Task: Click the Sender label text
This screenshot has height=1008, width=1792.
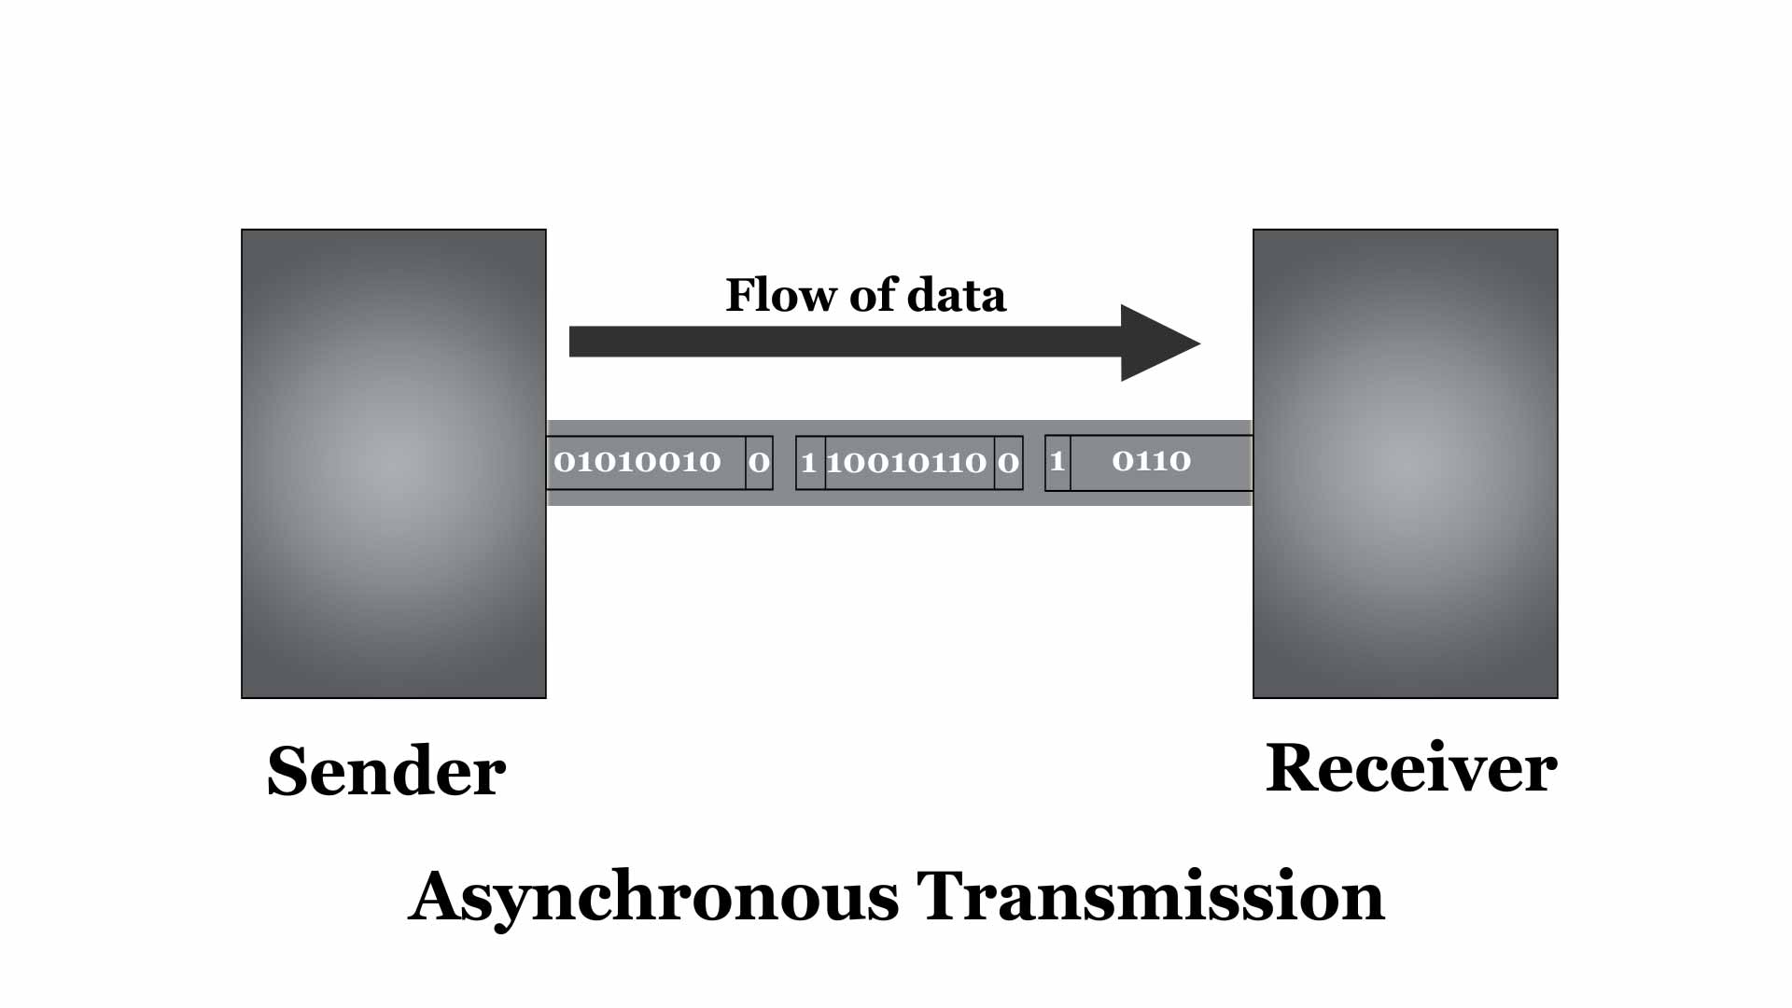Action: pyautogui.click(x=385, y=771)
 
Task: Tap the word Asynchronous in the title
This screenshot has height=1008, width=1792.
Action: pyautogui.click(x=653, y=896)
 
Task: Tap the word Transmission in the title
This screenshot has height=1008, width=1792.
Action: pyautogui.click(x=1150, y=896)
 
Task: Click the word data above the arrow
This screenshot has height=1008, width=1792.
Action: pyautogui.click(x=957, y=295)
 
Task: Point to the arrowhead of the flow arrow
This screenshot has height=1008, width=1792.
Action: pyautogui.click(x=1157, y=343)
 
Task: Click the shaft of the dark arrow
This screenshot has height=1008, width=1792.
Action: pyautogui.click(x=840, y=342)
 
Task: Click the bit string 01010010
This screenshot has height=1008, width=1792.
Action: pyautogui.click(x=637, y=462)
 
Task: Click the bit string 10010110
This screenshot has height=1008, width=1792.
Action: pyautogui.click(x=906, y=463)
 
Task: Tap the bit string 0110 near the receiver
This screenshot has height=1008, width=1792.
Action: pyautogui.click(x=1151, y=461)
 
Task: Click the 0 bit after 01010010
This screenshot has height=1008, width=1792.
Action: pyautogui.click(x=759, y=462)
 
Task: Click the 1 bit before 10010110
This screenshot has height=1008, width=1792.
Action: pyautogui.click(x=809, y=463)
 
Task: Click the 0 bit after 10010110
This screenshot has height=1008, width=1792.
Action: pyautogui.click(x=1008, y=463)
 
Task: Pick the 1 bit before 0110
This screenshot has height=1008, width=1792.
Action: pyautogui.click(x=1057, y=461)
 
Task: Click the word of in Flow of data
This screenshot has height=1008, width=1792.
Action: pyautogui.click(x=873, y=295)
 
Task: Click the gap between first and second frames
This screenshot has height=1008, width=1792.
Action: pyautogui.click(x=784, y=463)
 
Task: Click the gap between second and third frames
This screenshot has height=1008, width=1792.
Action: pyautogui.click(x=1034, y=463)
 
